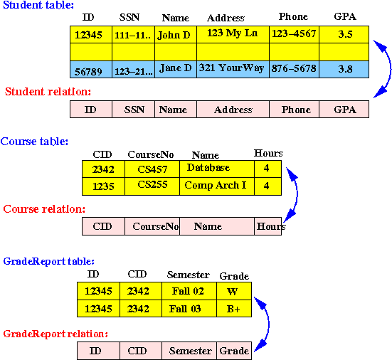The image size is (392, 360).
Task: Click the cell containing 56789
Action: (91, 69)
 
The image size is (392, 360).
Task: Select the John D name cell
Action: (176, 34)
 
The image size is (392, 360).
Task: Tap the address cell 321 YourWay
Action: (233, 69)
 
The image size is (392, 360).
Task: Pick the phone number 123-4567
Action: (295, 34)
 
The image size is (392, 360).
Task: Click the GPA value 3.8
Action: (344, 69)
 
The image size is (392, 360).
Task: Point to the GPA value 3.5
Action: (344, 34)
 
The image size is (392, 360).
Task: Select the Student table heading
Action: (38, 5)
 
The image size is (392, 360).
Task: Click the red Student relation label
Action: (48, 92)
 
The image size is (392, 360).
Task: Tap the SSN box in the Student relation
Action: (134, 110)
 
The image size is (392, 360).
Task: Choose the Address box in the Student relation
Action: (233, 110)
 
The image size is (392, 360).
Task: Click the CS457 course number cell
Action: (152, 169)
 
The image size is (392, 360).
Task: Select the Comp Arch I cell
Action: (217, 186)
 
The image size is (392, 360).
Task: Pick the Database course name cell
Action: (217, 169)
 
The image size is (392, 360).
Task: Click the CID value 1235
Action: (103, 186)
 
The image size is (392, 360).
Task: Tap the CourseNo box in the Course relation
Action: (152, 226)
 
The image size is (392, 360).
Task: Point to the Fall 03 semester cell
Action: (189, 309)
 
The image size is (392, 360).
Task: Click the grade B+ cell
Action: (234, 309)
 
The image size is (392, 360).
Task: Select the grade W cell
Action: (234, 291)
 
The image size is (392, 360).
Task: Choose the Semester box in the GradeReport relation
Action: (189, 351)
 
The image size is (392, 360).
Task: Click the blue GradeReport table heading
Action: (49, 261)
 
